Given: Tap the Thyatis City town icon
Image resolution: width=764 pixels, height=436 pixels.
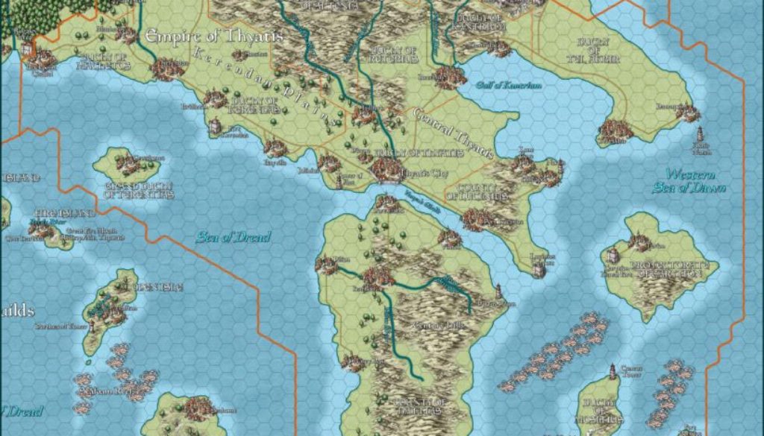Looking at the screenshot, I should click(x=388, y=170).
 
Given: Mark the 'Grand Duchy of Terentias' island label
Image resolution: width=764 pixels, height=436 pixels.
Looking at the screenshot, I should click(x=139, y=190).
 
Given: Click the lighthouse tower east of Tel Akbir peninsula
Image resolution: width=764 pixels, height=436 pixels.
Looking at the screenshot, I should click(x=700, y=136).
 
